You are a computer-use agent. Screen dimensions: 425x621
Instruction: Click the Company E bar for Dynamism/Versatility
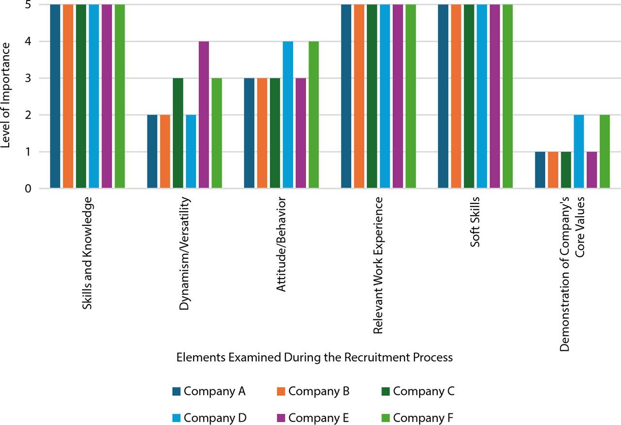(x=204, y=115)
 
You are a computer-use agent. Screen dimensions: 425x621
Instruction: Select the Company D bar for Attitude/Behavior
(x=288, y=115)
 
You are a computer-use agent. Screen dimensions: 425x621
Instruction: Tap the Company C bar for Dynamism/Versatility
(x=178, y=133)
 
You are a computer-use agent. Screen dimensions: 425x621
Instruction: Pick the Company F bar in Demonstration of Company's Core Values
(x=605, y=152)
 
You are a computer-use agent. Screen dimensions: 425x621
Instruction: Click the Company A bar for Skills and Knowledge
(x=55, y=96)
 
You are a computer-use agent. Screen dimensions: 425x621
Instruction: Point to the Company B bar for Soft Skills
(x=456, y=96)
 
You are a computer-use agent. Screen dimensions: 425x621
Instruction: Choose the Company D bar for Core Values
(x=579, y=152)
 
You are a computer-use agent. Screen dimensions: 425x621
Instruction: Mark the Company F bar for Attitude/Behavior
(x=314, y=115)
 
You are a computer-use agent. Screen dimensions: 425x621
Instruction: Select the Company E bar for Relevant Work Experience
(x=398, y=96)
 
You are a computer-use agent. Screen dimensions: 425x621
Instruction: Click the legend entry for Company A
(x=209, y=391)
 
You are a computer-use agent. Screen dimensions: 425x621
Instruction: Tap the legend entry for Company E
(x=313, y=417)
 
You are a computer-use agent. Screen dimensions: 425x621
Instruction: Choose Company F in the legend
(x=417, y=417)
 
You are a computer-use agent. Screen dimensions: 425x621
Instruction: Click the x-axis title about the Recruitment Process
(x=314, y=358)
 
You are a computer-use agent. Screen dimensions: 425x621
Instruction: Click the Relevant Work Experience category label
(x=378, y=266)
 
